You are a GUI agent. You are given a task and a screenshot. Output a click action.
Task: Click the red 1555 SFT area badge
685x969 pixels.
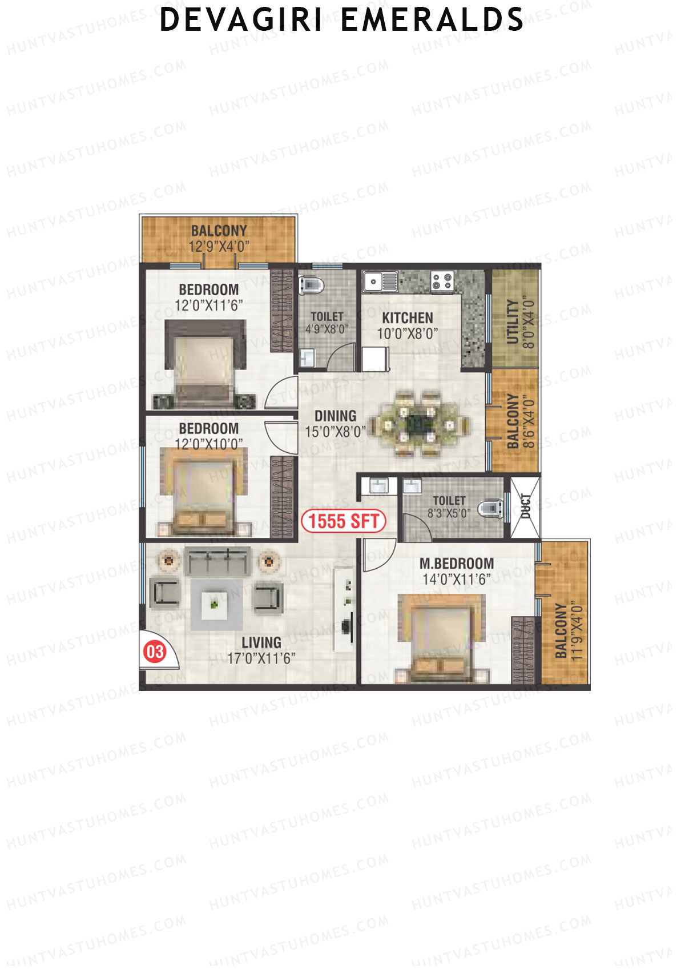pos(344,521)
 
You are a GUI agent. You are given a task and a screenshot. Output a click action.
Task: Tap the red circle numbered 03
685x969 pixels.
pos(154,652)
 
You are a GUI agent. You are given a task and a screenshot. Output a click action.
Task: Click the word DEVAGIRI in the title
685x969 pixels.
pos(241,20)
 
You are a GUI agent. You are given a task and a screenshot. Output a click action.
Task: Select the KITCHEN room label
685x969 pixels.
pos(408,318)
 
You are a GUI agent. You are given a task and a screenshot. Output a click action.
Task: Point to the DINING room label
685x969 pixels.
pos(335,416)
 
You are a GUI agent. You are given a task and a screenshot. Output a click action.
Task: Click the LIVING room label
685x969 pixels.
pos(261,643)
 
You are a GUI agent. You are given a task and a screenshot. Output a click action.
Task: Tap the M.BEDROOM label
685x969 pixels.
pos(457,564)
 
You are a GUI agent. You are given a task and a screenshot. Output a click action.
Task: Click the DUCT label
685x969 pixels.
pos(526,506)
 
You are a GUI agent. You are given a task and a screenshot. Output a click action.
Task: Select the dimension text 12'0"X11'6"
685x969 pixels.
pos(209,305)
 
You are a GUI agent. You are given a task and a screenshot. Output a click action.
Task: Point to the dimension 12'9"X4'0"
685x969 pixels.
pos(219,247)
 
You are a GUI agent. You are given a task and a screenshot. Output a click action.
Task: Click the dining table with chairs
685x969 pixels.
pos(421,424)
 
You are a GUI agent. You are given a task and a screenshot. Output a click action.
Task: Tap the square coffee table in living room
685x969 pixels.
pos(216,604)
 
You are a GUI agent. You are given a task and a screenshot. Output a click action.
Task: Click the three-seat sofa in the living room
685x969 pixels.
pos(217,562)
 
